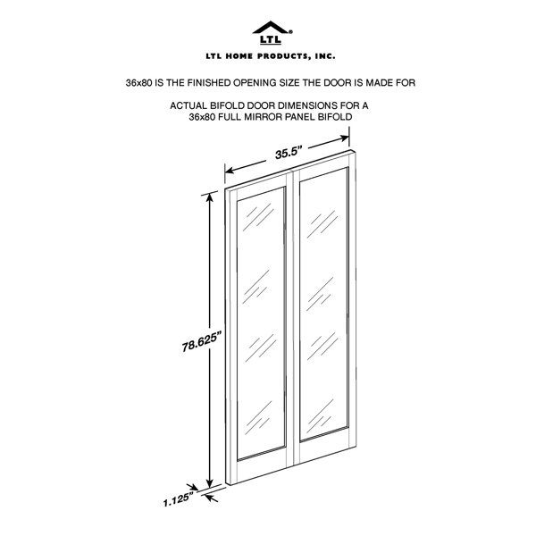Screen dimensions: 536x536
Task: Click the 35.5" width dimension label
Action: [289, 153]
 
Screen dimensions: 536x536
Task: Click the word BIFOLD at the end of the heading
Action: [335, 117]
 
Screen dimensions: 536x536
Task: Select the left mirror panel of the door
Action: [261, 322]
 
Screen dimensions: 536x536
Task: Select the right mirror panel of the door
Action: [323, 304]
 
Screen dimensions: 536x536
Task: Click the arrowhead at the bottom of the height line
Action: [210, 482]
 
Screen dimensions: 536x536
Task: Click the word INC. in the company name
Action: [325, 56]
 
